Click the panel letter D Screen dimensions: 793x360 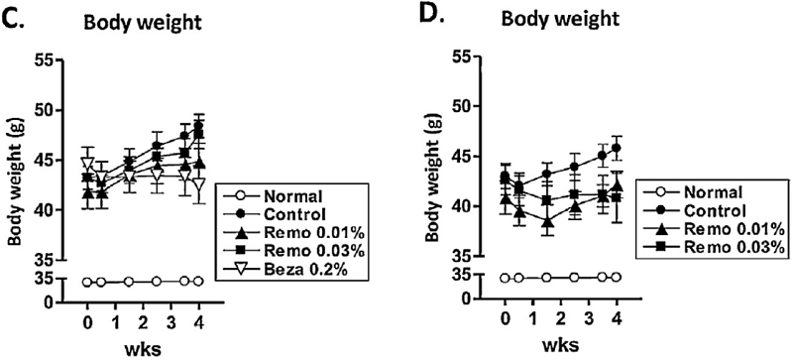point(430,16)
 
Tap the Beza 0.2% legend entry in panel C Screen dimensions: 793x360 point(302,270)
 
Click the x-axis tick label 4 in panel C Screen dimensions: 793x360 point(199,323)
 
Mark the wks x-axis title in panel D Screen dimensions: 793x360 point(561,346)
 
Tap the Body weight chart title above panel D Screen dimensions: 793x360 point(560,19)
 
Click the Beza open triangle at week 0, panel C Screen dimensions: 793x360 point(87,164)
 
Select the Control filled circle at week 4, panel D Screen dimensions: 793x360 point(617,148)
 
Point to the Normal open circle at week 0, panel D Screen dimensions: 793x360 point(505,278)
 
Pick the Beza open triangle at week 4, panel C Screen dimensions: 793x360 point(199,183)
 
